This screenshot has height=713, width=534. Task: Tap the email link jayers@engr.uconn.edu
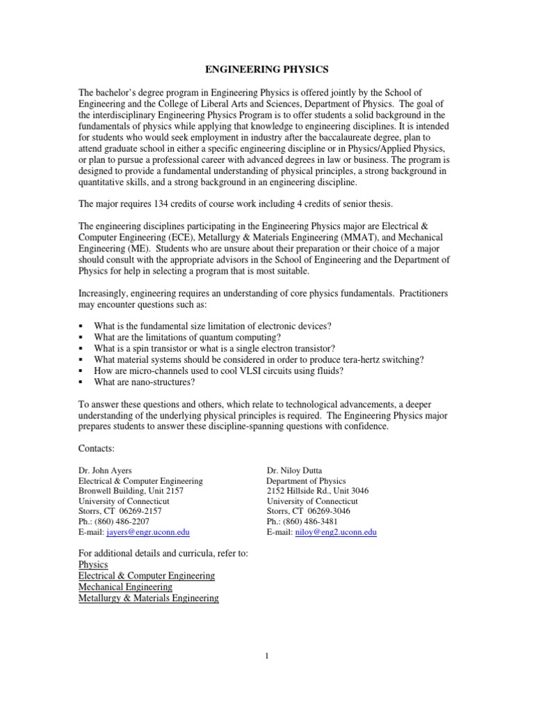click(x=148, y=531)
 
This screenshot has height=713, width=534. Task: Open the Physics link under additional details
click(x=93, y=565)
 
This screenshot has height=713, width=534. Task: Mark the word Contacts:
click(x=97, y=449)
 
